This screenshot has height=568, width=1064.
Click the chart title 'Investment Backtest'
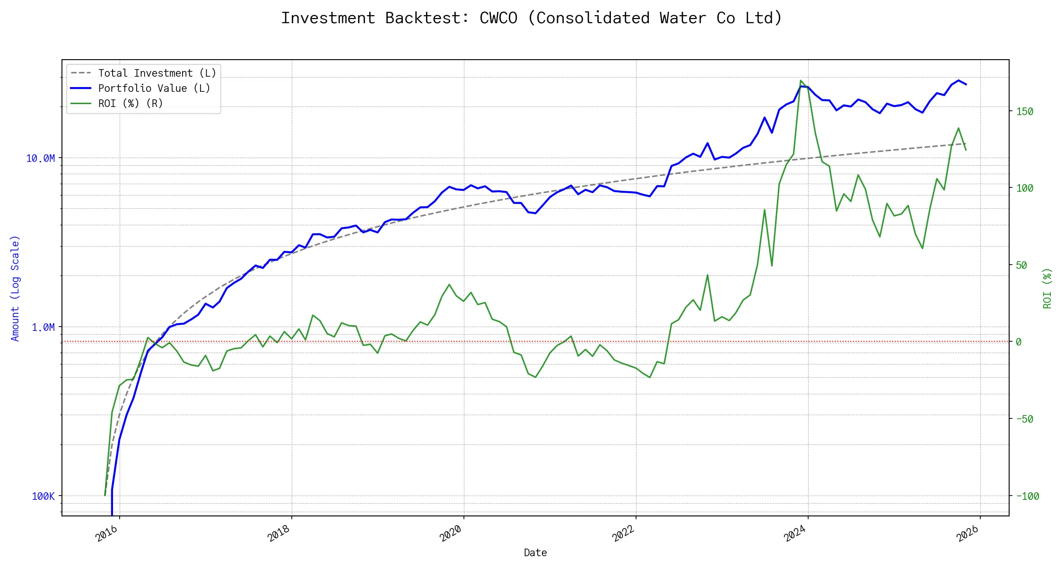(532, 18)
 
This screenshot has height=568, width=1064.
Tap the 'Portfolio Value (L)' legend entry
(154, 89)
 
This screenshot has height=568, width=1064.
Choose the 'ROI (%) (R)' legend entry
(131, 104)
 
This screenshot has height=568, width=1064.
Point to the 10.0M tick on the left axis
(40, 158)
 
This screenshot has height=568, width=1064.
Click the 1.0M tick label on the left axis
(43, 327)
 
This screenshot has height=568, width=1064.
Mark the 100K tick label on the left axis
(43, 496)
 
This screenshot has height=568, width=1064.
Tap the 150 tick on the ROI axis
(1025, 111)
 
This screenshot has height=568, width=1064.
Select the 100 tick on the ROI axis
(1025, 188)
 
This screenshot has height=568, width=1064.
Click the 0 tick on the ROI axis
(1019, 342)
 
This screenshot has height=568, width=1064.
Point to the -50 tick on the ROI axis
(1025, 419)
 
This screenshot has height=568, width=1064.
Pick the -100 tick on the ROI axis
(1028, 496)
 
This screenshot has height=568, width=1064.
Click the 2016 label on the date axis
(107, 534)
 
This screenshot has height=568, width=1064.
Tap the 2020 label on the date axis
(451, 534)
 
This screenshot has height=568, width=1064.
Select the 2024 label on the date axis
(795, 534)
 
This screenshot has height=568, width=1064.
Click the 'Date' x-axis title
(535, 552)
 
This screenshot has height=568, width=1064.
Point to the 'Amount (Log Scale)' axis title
(15, 288)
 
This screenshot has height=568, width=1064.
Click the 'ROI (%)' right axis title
(1047, 288)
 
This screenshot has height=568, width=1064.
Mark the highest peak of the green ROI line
(801, 80)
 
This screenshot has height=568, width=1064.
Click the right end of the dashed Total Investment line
(966, 143)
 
